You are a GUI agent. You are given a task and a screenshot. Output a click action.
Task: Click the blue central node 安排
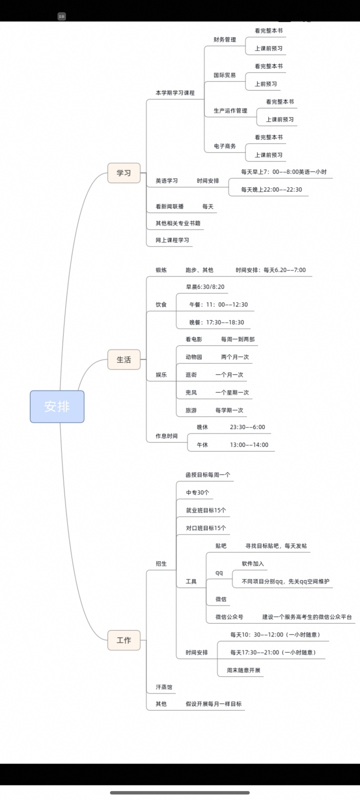point(57,406)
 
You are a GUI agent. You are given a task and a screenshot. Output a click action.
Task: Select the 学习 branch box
point(124,173)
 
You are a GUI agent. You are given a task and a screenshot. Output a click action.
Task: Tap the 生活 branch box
point(124,359)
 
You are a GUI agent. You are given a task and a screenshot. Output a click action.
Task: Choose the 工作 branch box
point(124,640)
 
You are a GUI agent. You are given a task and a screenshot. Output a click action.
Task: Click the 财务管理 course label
point(224,39)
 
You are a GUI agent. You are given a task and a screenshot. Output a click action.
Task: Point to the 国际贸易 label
point(224,75)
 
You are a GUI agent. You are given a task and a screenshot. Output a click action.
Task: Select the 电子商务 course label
point(224,146)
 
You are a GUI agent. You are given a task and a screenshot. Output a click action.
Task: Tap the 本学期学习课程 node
point(175,93)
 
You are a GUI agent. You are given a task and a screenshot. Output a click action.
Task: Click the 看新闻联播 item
point(169,206)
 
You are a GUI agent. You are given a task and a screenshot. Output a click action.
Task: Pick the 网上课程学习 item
point(172,240)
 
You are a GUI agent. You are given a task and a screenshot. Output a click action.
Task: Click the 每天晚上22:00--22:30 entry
point(271,189)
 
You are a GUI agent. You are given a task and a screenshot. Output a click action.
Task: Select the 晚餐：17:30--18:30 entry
point(217,322)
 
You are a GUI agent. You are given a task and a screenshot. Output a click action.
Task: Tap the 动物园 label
point(193,357)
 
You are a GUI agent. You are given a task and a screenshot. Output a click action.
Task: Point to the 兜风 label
point(191,392)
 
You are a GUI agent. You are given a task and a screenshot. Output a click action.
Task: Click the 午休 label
point(202,444)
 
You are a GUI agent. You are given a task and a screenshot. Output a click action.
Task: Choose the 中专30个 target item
point(197,492)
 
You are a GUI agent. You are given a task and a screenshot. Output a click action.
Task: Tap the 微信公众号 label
point(229,617)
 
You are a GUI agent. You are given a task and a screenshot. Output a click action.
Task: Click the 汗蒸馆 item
point(164,687)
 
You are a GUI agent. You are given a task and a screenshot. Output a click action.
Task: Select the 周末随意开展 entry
point(243,670)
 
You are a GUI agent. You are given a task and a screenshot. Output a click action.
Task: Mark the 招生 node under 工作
point(161,563)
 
